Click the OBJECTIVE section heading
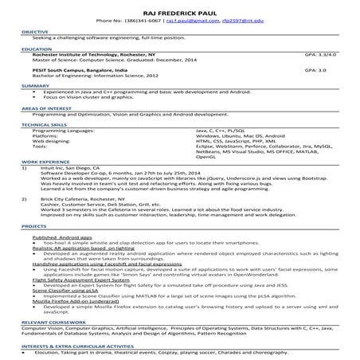coord(34,31)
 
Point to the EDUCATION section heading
coord(35,49)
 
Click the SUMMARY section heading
coord(33,85)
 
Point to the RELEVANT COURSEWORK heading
coord(49,322)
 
